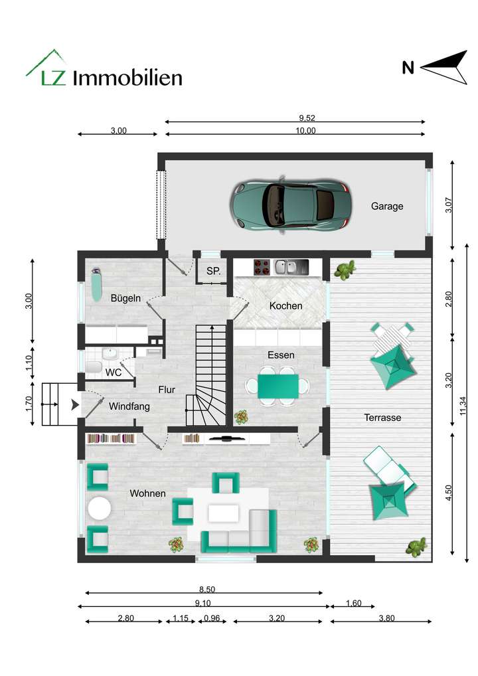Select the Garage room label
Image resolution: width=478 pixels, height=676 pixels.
pos(387,207)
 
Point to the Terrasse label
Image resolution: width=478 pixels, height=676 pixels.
pos(382,418)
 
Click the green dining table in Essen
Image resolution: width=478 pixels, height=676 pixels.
pos(278,386)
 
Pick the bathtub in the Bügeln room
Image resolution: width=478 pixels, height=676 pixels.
pos(96,284)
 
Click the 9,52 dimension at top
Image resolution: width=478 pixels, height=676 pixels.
pos(306,118)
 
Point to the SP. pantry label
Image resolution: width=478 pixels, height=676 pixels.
pos(213,271)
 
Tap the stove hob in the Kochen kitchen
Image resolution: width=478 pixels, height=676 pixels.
pos(262,267)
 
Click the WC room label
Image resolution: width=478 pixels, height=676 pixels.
pos(114,373)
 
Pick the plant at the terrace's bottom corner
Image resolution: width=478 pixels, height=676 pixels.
pos(417,547)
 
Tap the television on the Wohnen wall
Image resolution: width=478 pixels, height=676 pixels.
pos(226,438)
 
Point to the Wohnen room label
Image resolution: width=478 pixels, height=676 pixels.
pos(147,493)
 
